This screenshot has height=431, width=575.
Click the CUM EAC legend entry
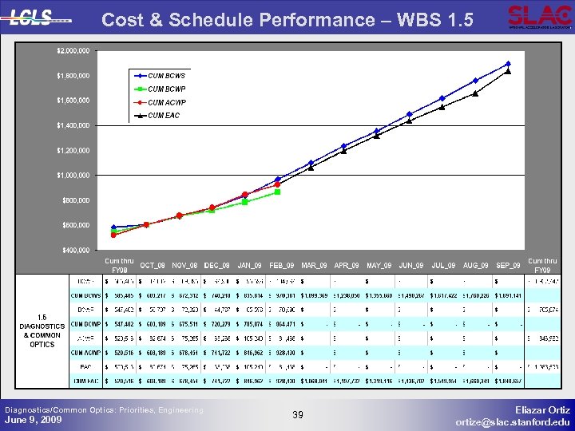(x=164, y=116)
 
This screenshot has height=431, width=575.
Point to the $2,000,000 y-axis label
(x=73, y=51)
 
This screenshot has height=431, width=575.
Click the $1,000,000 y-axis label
(x=73, y=175)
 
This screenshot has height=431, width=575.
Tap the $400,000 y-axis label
(x=75, y=250)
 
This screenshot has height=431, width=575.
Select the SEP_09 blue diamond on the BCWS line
(x=508, y=64)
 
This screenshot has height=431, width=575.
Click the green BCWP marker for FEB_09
(x=277, y=192)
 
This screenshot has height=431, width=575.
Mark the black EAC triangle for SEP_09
(x=508, y=71)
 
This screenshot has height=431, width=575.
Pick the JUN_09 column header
(x=411, y=265)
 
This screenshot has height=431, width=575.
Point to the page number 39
(x=298, y=414)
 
